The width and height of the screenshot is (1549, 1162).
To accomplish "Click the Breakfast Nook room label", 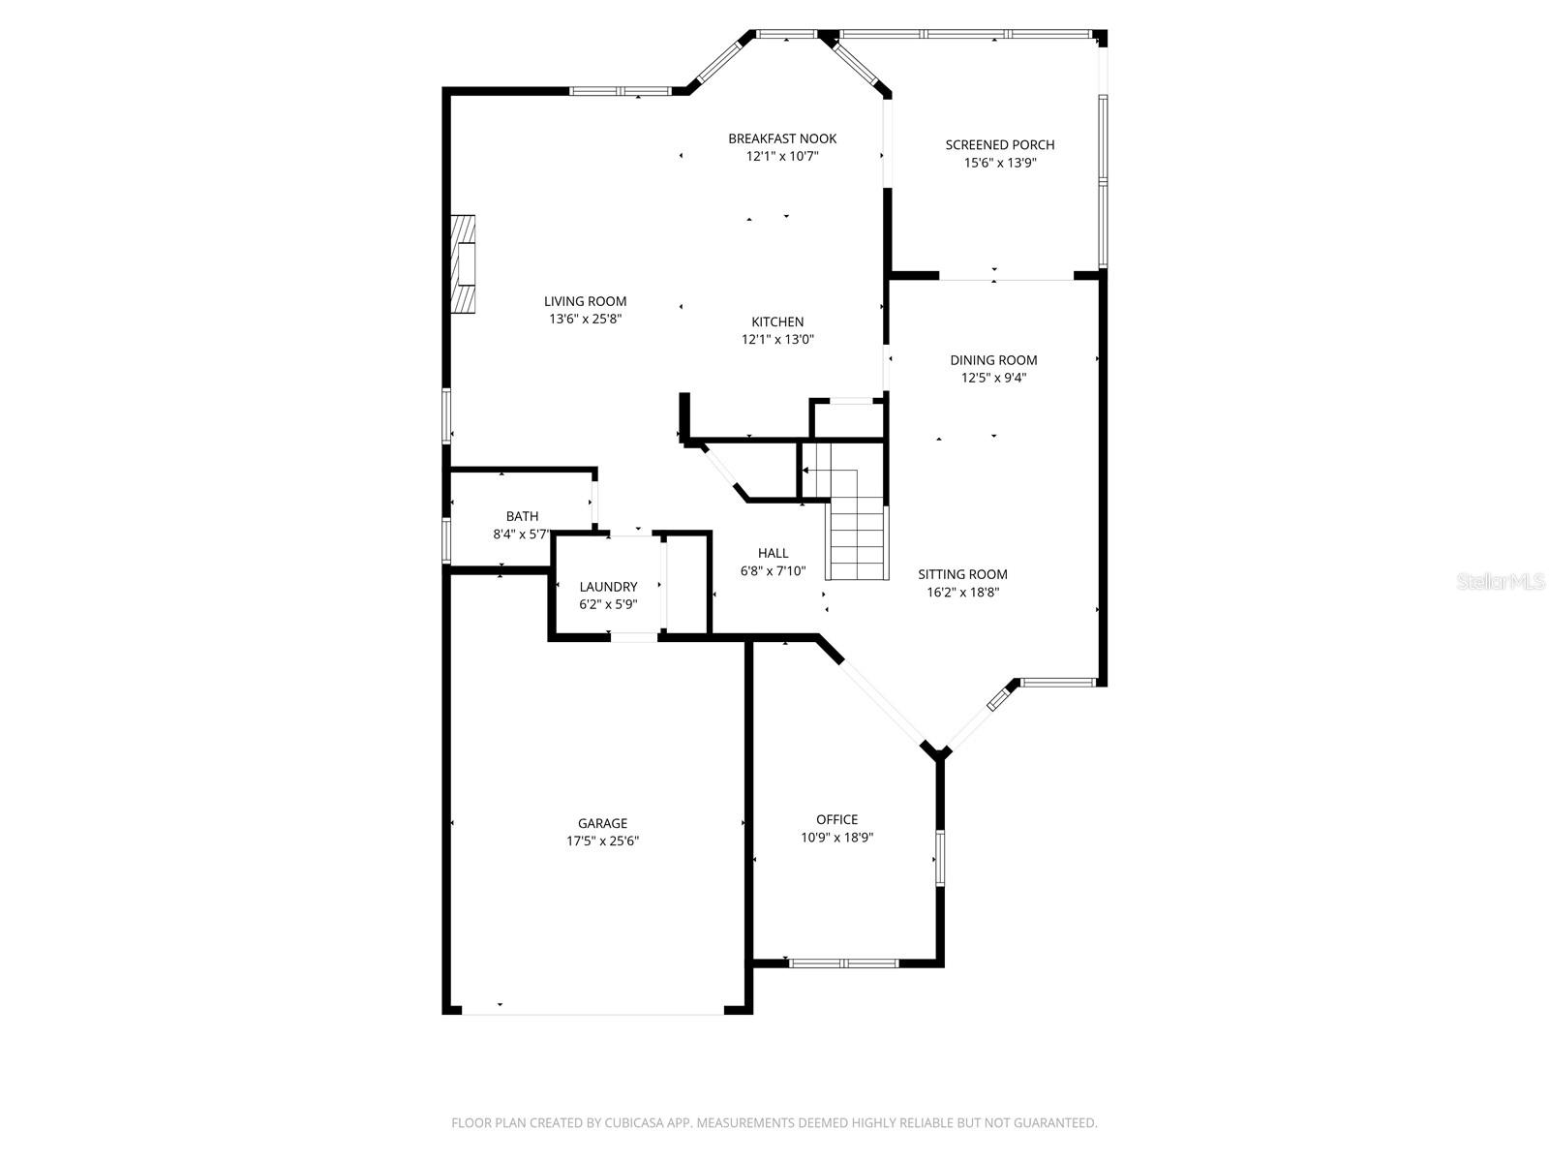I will coord(782,138).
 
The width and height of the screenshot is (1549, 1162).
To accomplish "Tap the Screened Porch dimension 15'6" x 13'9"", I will coord(1000,163).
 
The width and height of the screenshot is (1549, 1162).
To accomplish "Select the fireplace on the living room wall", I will coord(467,263).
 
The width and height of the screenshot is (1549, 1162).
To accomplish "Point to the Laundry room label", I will coord(608,587).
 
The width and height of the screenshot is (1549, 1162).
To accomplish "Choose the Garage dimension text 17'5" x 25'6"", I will coord(602,841).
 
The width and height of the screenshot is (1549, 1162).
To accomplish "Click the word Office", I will coord(836,819).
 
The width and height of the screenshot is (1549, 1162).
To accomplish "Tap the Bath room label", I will coord(522,516).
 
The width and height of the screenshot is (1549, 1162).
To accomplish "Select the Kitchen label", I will coord(777,321).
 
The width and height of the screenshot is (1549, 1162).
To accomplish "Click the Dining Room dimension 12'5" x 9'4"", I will coord(993,378).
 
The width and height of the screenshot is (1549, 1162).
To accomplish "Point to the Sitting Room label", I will coord(962,574).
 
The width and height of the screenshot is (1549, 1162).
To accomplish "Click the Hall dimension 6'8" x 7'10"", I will coord(773,571).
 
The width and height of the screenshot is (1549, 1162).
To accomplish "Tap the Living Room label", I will coord(585,301).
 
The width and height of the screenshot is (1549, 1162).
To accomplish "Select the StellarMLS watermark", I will coord(1500,582).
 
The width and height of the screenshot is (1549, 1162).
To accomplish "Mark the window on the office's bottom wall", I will coord(844,963).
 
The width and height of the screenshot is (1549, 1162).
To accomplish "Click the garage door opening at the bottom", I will coord(592,1013).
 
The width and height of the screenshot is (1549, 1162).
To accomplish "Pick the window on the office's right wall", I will coord(938,857).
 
